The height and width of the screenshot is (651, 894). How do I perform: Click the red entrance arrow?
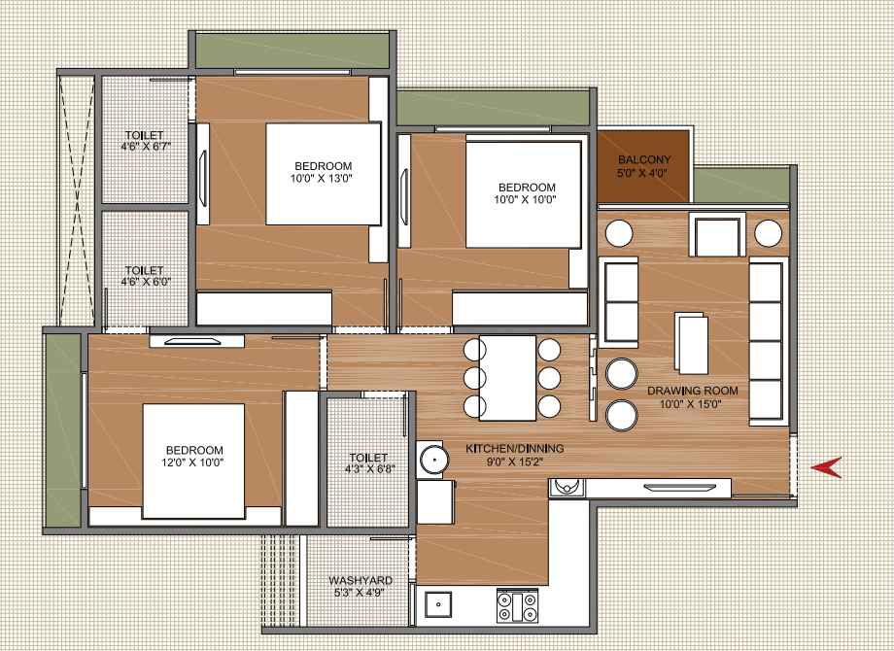point(827,467)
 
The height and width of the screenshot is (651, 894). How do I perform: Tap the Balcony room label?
point(644,159)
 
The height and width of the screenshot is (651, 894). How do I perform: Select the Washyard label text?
point(361,580)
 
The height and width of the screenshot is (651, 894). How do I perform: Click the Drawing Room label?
point(692,391)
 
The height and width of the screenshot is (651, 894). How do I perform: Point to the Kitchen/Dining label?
point(515,449)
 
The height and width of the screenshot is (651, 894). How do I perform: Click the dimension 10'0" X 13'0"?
point(323,179)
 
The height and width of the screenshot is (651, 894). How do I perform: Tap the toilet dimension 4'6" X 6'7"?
point(146,147)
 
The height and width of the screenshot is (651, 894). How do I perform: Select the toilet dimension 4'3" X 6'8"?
point(370,469)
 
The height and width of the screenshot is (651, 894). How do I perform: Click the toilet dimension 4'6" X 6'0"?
point(146,282)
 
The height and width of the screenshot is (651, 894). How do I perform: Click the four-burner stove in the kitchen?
point(517,606)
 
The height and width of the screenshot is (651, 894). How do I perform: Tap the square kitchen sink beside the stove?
point(438,604)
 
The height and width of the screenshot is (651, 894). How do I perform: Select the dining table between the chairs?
point(507,377)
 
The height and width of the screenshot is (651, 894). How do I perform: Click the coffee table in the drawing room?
point(692,343)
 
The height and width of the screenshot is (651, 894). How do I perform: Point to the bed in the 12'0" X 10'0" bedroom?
point(193,462)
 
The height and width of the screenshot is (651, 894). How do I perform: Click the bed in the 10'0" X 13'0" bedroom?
point(324,174)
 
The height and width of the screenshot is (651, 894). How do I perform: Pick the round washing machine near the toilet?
point(431,460)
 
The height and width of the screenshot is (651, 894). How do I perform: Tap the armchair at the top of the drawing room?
point(717,235)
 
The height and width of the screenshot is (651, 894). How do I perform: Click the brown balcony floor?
point(643,166)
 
